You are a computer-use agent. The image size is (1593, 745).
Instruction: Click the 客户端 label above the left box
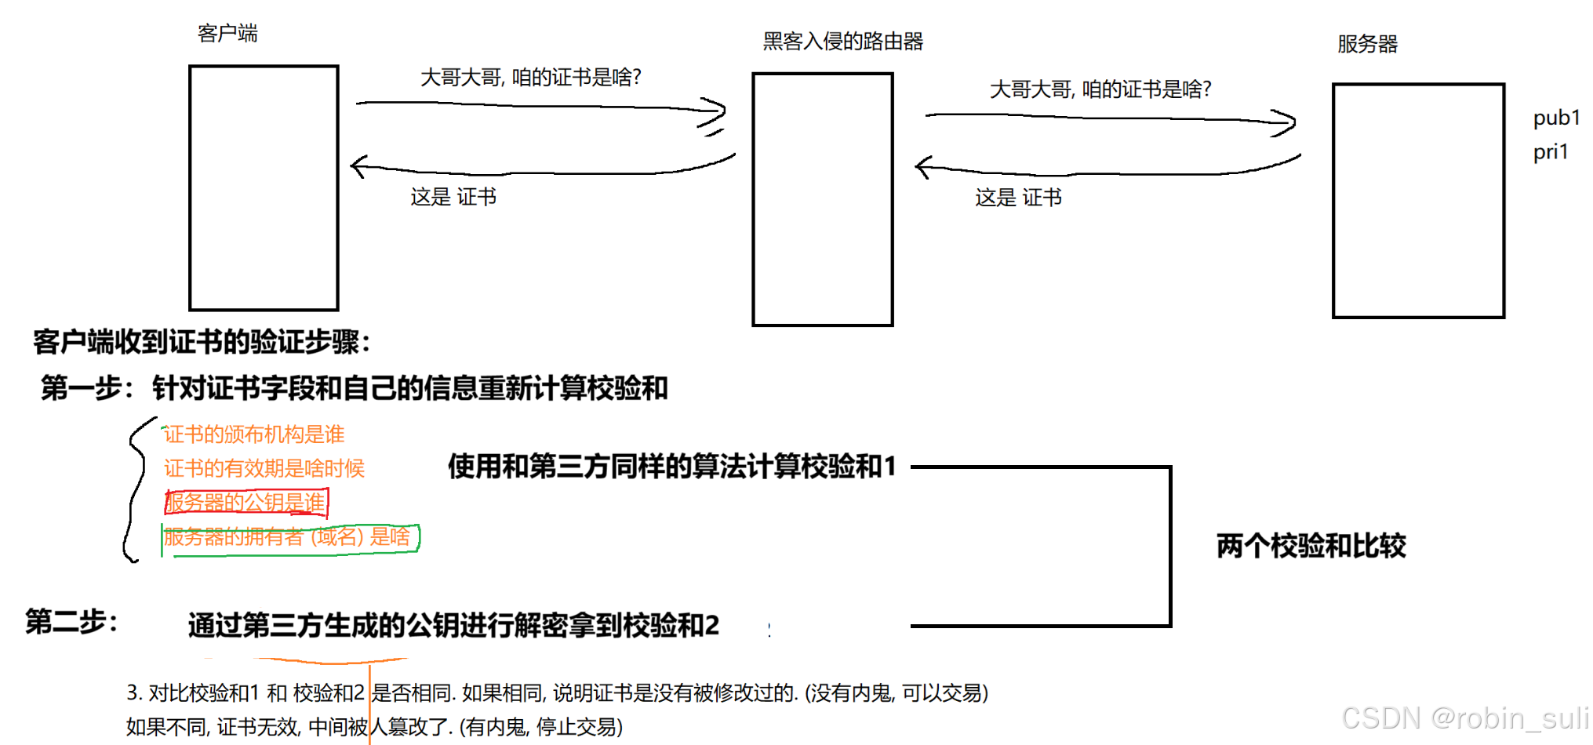pyautogui.click(x=227, y=33)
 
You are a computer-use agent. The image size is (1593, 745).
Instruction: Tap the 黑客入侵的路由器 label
pyautogui.click(x=842, y=41)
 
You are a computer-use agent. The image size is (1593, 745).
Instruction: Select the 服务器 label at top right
pyautogui.click(x=1367, y=44)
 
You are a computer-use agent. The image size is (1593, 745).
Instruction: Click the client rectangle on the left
pyautogui.click(x=264, y=188)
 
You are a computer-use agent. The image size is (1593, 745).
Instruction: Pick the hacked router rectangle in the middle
pyautogui.click(x=822, y=199)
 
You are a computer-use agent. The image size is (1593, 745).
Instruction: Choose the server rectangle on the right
pyautogui.click(x=1418, y=201)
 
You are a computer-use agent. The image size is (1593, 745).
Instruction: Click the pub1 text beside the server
pyautogui.click(x=1556, y=118)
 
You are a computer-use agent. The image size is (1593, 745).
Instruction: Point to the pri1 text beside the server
pyautogui.click(x=1551, y=151)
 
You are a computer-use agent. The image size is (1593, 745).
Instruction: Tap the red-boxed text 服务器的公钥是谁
pyautogui.click(x=245, y=503)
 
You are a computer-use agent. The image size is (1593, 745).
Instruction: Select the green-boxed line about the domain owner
pyautogui.click(x=289, y=537)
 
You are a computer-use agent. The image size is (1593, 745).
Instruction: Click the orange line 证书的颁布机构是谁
pyautogui.click(x=254, y=434)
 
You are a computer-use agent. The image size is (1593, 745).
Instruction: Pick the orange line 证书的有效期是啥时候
pyautogui.click(x=264, y=468)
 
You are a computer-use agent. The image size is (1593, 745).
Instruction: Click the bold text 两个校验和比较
pyautogui.click(x=1311, y=546)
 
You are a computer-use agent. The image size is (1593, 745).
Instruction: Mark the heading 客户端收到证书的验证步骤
pyautogui.click(x=202, y=342)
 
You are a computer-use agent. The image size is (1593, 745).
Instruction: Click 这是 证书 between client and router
pyautogui.click(x=453, y=197)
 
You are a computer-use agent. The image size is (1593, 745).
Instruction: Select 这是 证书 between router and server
pyautogui.click(x=1018, y=198)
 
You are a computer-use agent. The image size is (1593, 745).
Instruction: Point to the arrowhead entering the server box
pyautogui.click(x=1286, y=122)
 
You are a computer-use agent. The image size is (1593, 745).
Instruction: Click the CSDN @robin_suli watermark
pyautogui.click(x=1464, y=718)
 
